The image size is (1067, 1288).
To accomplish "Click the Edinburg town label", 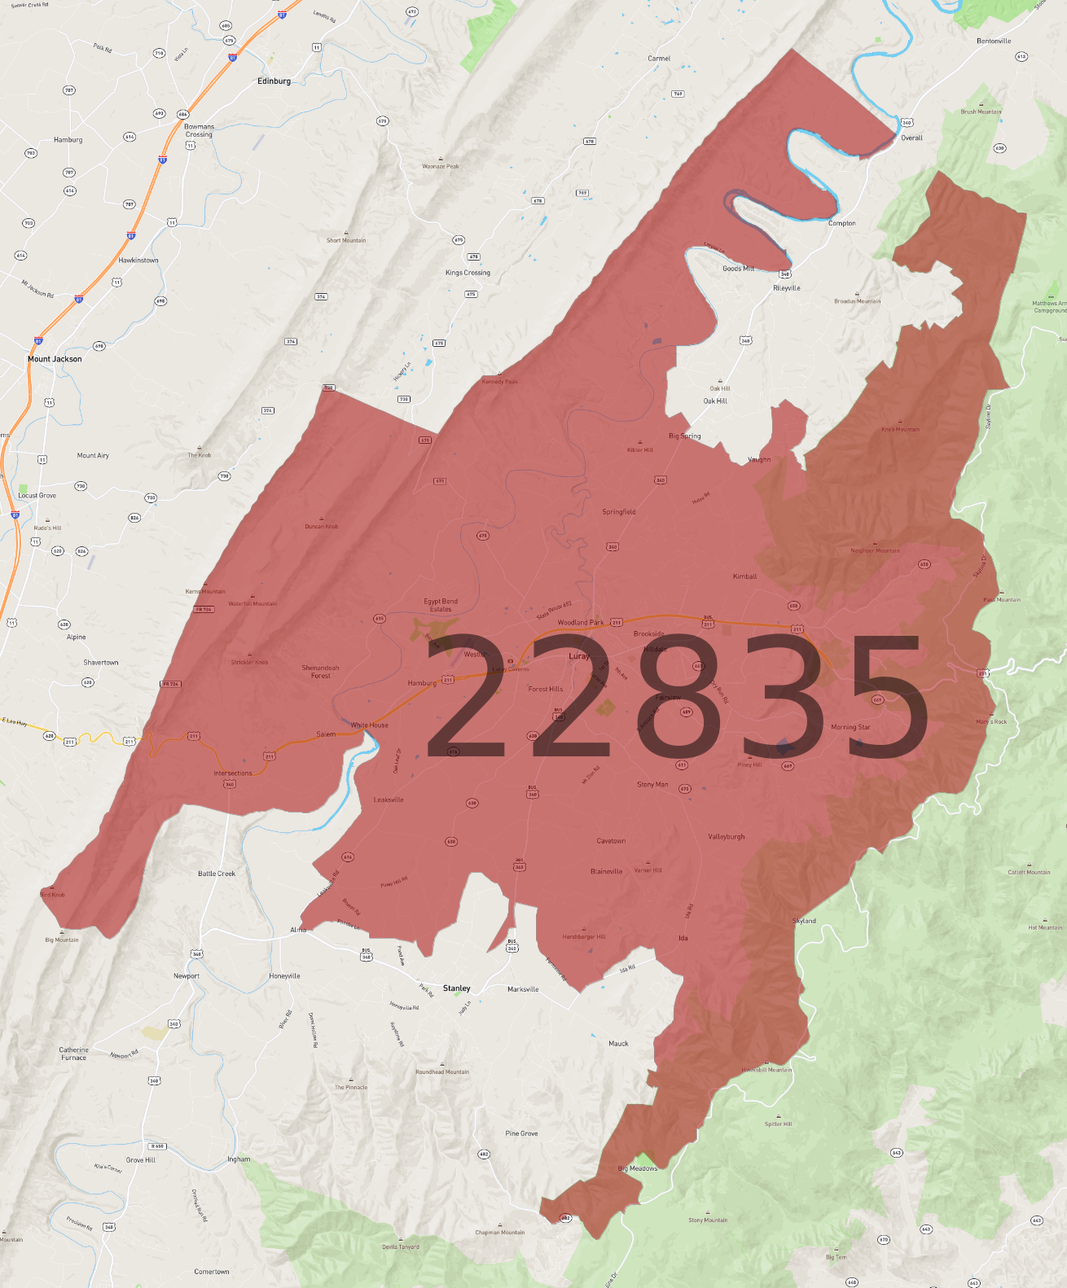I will (274, 81).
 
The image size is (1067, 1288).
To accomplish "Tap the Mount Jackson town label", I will (55, 359).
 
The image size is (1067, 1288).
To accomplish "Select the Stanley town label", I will (456, 988).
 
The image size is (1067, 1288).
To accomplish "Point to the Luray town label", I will (579, 656).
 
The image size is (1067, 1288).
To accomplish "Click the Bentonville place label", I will (994, 41).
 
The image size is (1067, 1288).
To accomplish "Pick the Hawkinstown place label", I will (138, 261).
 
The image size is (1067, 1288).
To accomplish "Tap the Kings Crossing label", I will (468, 273).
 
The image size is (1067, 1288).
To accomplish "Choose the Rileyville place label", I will (787, 288).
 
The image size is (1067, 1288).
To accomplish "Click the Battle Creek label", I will (217, 874).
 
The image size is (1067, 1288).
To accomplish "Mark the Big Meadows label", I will (638, 1168).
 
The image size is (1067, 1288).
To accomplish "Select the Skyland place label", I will (804, 921).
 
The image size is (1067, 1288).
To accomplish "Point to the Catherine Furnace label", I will (73, 1054).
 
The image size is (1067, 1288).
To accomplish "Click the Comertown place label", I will (212, 1272).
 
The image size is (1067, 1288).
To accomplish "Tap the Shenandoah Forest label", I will (321, 672).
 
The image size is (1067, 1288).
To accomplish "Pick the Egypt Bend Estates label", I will (441, 605).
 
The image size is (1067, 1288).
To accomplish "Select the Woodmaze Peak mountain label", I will (441, 166).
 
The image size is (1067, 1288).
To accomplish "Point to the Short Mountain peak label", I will (346, 240).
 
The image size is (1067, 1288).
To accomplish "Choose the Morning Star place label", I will (850, 727).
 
